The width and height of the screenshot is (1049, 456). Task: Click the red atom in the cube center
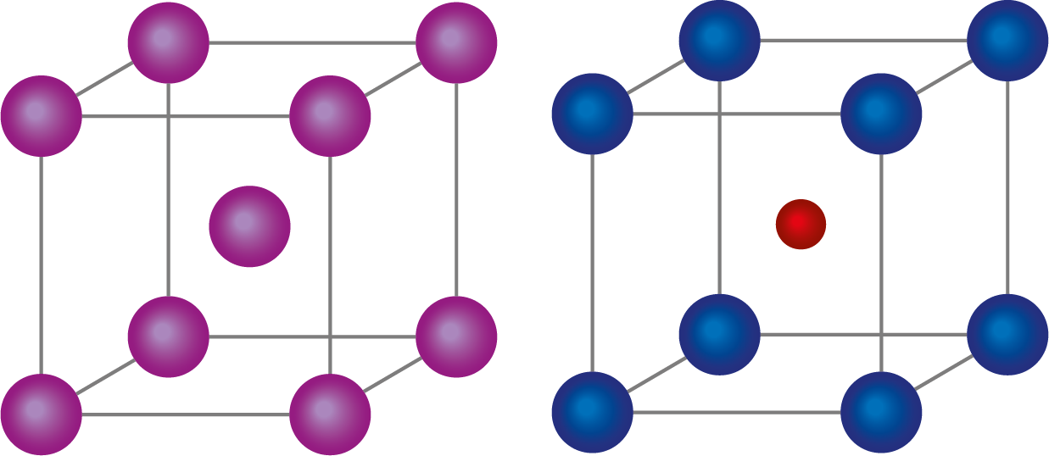801,225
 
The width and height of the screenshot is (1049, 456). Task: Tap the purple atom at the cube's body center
249,226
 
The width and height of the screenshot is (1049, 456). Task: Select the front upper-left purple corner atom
41,116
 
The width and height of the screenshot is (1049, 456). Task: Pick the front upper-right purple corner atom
330,116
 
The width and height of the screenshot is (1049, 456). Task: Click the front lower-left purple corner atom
41,414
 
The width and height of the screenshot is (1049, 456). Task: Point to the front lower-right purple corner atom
330,414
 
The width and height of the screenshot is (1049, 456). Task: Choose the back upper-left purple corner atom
168,42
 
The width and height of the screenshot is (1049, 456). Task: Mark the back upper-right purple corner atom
456,42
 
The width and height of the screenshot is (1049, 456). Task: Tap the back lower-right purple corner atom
456,336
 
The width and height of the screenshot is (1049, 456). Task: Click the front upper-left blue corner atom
592,114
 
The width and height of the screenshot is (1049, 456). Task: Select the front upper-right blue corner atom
881,114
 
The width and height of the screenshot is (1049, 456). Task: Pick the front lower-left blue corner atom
592,412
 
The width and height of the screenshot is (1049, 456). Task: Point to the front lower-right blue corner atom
881,412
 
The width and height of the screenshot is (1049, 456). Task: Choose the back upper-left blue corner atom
719,40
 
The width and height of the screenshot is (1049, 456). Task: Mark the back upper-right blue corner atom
1007,40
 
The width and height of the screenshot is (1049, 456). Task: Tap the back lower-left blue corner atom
719,334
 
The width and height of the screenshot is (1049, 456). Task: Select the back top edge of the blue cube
863,40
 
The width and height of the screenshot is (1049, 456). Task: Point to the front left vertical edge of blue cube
592,263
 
